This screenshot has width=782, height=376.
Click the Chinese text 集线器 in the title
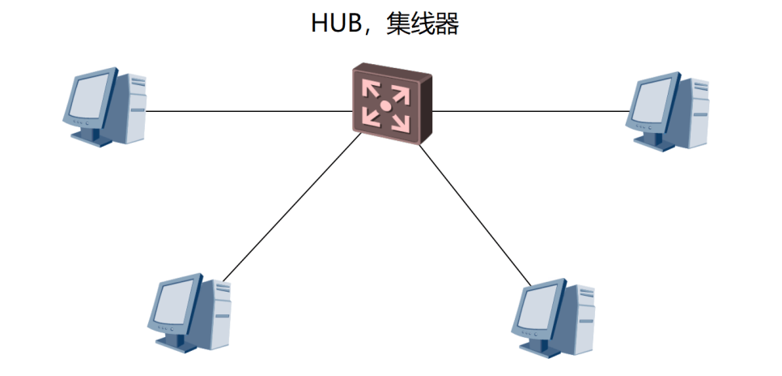[x=423, y=24]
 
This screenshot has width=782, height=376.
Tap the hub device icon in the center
[x=392, y=104]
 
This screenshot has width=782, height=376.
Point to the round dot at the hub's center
[x=385, y=105]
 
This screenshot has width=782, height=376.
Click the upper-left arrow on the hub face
[x=372, y=91]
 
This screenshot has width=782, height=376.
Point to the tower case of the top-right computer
[x=695, y=112]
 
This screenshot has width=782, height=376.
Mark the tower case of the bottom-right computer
[x=580, y=318]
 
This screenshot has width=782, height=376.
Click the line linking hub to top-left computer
[x=249, y=111]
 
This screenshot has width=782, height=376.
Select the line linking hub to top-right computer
[x=530, y=111]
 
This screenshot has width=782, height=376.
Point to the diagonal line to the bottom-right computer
[x=475, y=215]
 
